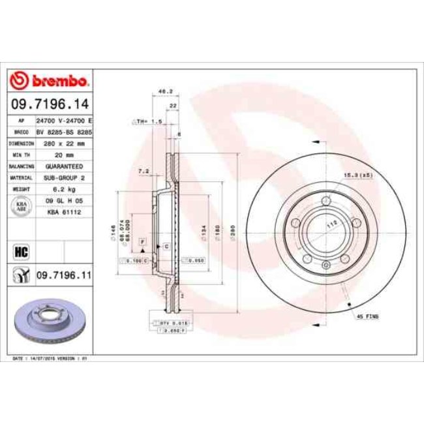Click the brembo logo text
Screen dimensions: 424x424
pos(57,82)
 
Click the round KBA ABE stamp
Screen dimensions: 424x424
pos(20,205)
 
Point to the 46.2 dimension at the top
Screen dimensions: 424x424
pos(157,93)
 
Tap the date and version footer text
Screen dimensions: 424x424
pos(51,359)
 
